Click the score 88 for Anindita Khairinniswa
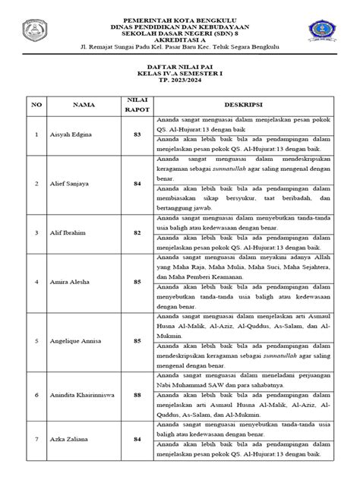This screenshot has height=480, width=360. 137,396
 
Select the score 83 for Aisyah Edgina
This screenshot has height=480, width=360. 137,134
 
